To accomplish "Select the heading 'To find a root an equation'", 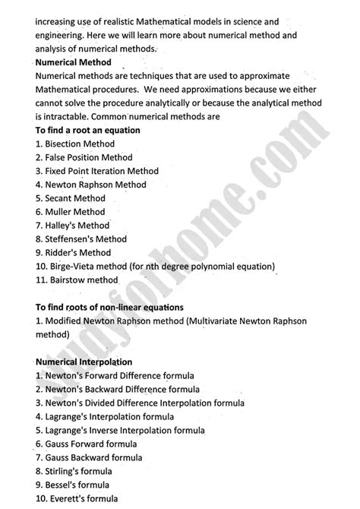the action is point(87,131).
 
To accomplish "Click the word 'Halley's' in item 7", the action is point(63,226).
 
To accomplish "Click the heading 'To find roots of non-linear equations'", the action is point(109,308).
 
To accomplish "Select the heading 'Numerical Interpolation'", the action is point(84,362).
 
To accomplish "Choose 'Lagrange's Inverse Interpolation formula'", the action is point(125,431).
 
